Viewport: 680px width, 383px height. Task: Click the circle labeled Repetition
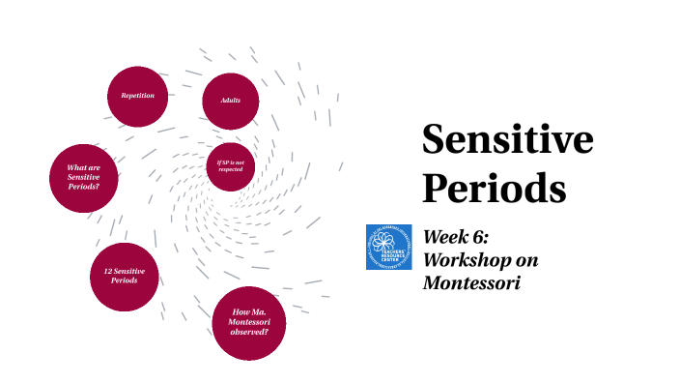[137, 96]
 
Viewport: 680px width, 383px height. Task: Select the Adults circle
[230, 101]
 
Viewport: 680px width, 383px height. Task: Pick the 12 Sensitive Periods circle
[124, 277]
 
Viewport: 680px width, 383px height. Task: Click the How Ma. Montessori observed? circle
[249, 322]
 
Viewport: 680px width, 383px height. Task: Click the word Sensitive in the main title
[507, 140]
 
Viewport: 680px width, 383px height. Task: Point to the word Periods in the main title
[493, 186]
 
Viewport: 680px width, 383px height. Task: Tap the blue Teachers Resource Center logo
[389, 247]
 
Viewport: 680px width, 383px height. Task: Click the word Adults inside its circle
[230, 101]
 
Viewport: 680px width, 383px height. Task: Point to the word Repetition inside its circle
[137, 96]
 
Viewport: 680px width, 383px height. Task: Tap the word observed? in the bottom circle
[249, 332]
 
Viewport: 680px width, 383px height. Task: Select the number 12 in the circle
[107, 271]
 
